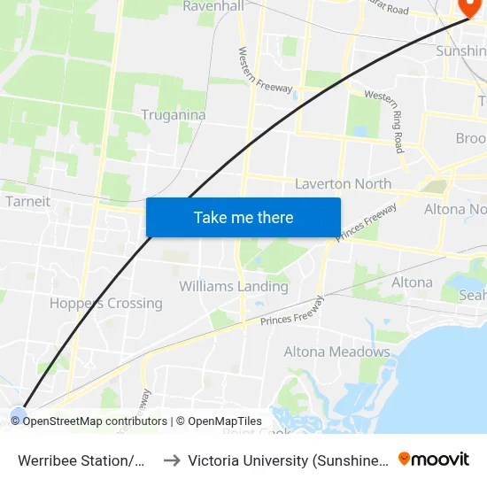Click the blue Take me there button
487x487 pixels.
(243, 217)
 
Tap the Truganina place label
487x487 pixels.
(174, 115)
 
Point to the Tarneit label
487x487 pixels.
(27, 201)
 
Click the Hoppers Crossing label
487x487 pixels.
(106, 303)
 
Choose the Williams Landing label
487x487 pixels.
(234, 286)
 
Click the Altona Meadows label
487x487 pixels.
(336, 352)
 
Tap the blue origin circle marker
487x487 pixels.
(19, 414)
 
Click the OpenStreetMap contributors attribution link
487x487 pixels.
(95, 421)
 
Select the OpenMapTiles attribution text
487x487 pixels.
(225, 421)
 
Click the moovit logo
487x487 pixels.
(434, 460)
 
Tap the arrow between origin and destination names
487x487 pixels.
(172, 460)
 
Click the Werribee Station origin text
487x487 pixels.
(81, 460)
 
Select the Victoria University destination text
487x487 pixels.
(288, 460)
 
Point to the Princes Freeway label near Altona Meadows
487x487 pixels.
(293, 313)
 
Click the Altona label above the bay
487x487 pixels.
(412, 282)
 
